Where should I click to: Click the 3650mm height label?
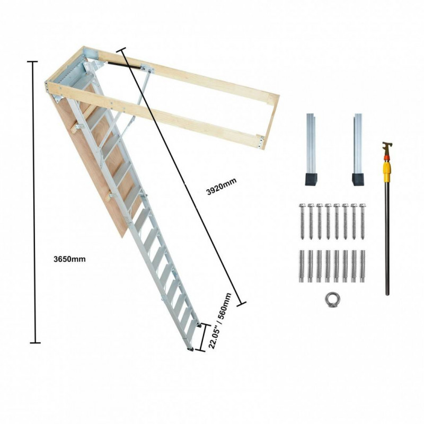pos(69,259)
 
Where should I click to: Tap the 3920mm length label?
pos(222,187)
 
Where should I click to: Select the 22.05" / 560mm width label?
pos(220,321)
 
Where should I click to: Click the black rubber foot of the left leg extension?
pos(312,180)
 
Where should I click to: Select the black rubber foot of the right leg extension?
pos(358,180)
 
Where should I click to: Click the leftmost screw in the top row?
pos(302,222)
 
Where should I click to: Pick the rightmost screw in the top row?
pos(363,222)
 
